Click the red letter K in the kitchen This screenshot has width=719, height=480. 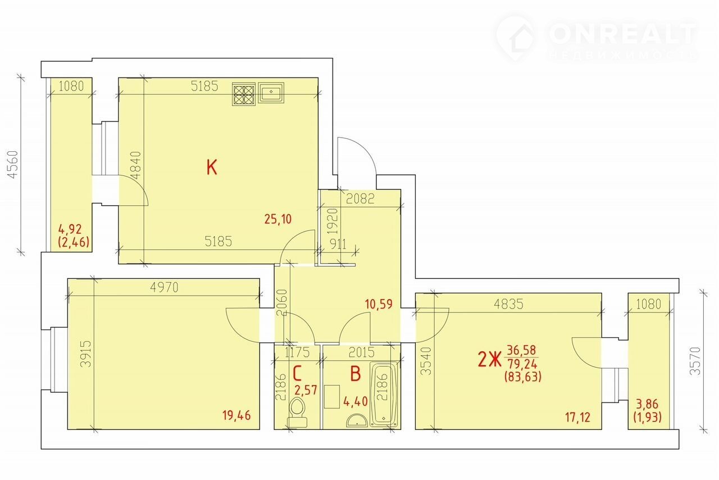tap(212, 167)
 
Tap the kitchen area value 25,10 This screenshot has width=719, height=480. tap(278, 219)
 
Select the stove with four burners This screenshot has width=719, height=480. tap(244, 94)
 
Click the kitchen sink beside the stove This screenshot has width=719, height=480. tap(271, 93)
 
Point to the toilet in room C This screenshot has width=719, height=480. tap(297, 413)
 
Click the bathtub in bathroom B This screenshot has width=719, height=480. tap(384, 395)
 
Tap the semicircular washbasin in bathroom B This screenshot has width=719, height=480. tap(357, 420)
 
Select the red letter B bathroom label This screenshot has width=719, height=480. tap(356, 374)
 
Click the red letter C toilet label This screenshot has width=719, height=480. tap(298, 374)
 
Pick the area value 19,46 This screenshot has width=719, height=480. tap(236, 415)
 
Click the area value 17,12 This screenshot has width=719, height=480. tap(578, 418)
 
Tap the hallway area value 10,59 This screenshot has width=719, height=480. tap(379, 304)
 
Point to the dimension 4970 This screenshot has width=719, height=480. tap(164, 287)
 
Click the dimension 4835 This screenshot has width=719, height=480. tap(509, 304)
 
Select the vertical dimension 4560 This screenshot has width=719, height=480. tap(13, 165)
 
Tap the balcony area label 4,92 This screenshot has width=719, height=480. tap(70, 229)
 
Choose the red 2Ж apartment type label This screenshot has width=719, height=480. tap(489, 360)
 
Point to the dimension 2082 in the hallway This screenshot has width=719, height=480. tap(360, 199)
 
